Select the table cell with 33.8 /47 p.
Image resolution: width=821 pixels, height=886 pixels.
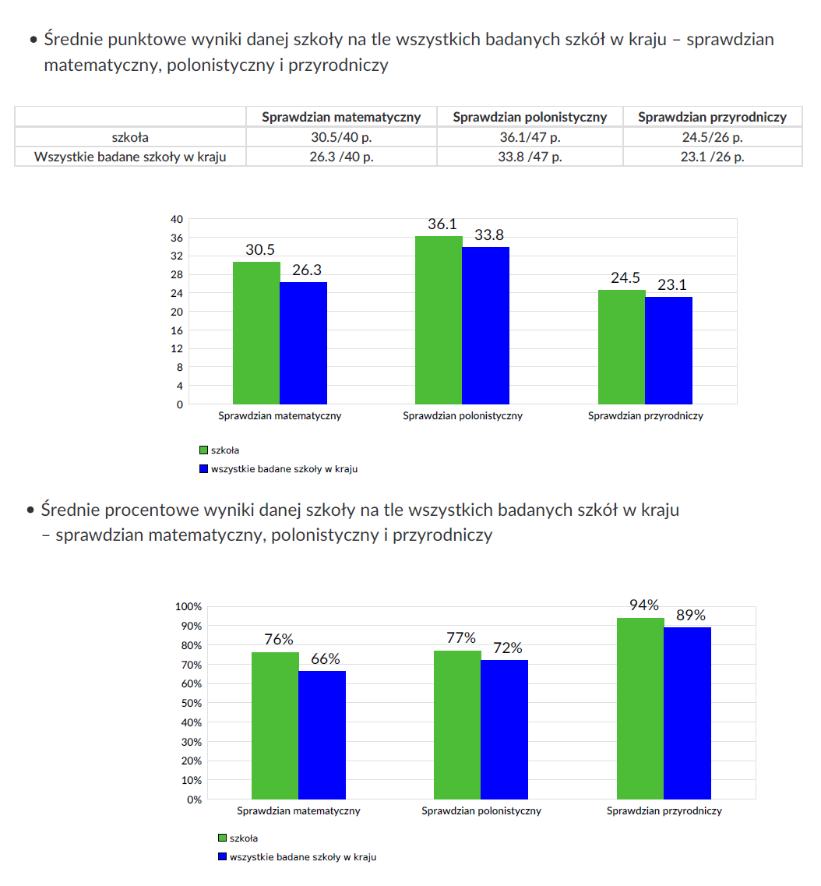[530, 157]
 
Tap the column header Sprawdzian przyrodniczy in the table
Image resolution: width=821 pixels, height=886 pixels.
[712, 117]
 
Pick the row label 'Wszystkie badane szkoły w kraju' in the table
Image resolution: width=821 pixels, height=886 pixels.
[130, 157]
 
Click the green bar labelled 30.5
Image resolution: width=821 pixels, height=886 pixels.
[257, 333]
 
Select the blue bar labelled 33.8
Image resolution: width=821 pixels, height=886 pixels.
[485, 325]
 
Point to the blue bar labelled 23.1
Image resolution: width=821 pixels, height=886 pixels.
[668, 350]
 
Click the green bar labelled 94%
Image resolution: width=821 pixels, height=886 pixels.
[640, 708]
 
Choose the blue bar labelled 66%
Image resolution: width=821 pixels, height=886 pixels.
[322, 735]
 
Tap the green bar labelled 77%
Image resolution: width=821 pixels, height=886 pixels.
[457, 725]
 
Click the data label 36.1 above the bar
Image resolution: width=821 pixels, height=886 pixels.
[442, 224]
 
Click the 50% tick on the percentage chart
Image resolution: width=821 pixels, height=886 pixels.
[191, 703]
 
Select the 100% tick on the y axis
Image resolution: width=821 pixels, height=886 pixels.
[188, 606]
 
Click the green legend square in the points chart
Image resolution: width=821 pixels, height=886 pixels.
[204, 450]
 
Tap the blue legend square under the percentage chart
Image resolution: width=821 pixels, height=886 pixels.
[222, 857]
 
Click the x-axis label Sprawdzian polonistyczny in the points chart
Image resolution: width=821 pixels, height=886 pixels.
[463, 416]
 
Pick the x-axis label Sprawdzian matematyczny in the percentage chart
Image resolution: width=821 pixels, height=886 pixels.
[299, 811]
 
